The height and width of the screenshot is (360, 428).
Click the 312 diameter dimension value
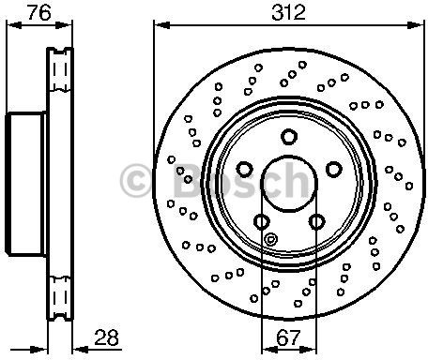click(x=288, y=13)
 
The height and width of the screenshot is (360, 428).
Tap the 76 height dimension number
click(x=39, y=13)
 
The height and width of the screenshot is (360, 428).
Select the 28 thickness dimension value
click(x=106, y=337)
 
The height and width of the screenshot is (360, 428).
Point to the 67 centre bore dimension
click(x=288, y=337)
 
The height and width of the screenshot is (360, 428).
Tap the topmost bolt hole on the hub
click(x=289, y=137)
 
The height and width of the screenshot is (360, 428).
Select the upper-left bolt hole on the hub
click(x=244, y=169)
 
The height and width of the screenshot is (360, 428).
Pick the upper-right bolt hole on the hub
click(x=333, y=169)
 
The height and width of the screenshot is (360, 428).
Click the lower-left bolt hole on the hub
click(x=261, y=222)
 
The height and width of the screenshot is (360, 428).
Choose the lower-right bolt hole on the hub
click(x=316, y=222)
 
